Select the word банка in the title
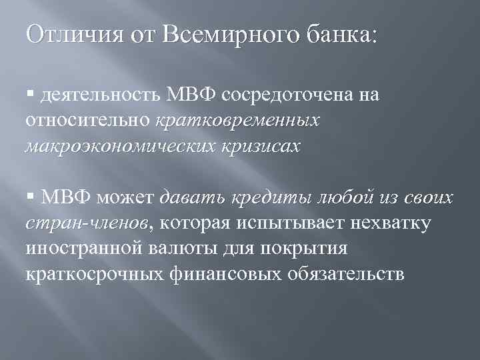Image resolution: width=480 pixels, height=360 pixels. tap(337, 33)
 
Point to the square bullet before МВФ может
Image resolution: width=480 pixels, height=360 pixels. tap(31, 198)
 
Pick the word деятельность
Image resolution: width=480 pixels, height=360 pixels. tap(99, 96)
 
